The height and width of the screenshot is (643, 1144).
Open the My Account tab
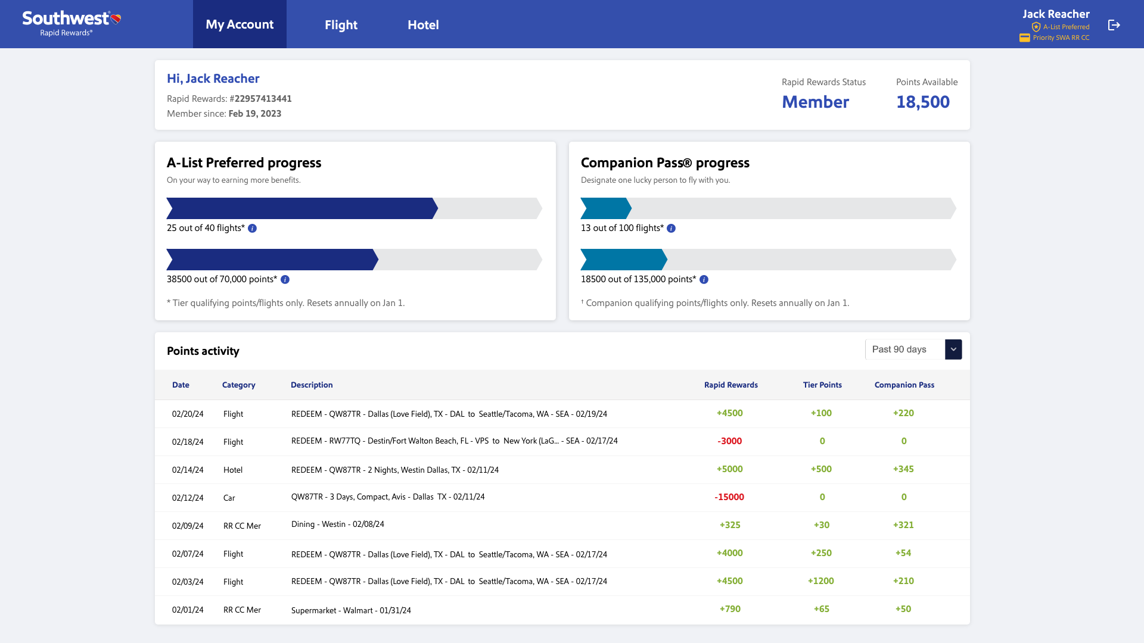[240, 24]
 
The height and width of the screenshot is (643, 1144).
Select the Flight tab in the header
[341, 25]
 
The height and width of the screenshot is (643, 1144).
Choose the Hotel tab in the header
[423, 25]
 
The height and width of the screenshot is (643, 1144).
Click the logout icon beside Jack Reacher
[1114, 25]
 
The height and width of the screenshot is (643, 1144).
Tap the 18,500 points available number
[922, 102]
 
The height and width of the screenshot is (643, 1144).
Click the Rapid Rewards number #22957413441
[262, 99]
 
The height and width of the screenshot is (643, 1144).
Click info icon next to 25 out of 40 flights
[253, 229]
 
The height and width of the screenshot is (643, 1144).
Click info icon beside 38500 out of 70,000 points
[285, 280]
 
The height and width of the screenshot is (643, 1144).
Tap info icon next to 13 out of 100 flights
[672, 229]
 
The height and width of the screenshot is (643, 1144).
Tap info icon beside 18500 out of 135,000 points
[704, 280]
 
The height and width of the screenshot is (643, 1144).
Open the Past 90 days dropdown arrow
[953, 349]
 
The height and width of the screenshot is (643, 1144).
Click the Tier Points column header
[822, 385]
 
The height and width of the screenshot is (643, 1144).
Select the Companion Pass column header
[904, 385]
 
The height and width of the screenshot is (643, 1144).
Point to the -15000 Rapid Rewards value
[729, 497]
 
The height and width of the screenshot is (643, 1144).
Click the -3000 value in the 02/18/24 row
[729, 441]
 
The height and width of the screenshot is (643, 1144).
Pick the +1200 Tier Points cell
[820, 581]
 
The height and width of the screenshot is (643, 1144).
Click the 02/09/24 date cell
[188, 526]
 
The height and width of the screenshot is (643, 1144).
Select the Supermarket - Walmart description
[351, 610]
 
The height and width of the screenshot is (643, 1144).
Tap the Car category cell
[229, 498]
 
